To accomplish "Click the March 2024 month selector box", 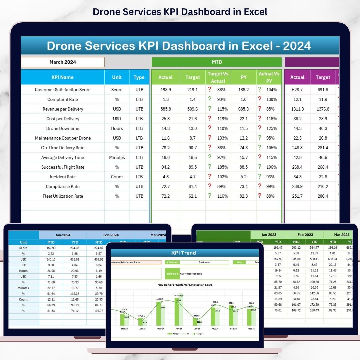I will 63,62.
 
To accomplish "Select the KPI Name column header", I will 62,77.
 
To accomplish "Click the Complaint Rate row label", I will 62,99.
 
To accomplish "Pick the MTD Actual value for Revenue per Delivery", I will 165,109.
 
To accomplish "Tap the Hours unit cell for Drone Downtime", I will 117,128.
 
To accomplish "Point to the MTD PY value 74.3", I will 244,148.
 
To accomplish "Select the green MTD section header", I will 217,62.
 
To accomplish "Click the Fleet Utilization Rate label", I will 63,196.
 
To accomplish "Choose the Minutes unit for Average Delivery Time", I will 117,157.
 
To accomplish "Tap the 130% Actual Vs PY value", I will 270,99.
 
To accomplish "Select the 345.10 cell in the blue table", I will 51,259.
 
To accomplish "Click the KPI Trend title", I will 183,253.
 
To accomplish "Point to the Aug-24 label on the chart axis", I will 215,329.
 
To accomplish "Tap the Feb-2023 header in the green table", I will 305,235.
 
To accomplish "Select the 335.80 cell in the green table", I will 296,259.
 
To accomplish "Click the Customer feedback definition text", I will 191,274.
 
